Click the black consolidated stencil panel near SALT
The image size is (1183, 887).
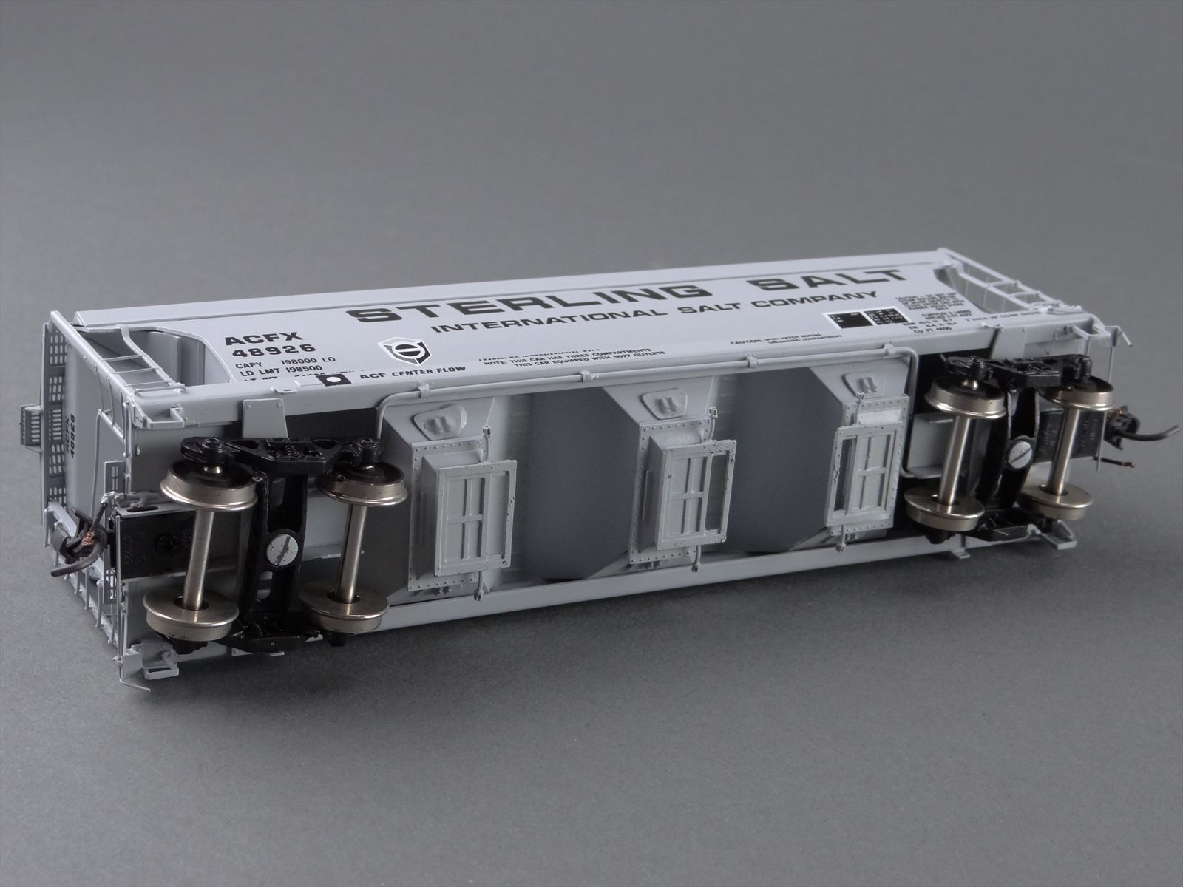click(868, 317)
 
